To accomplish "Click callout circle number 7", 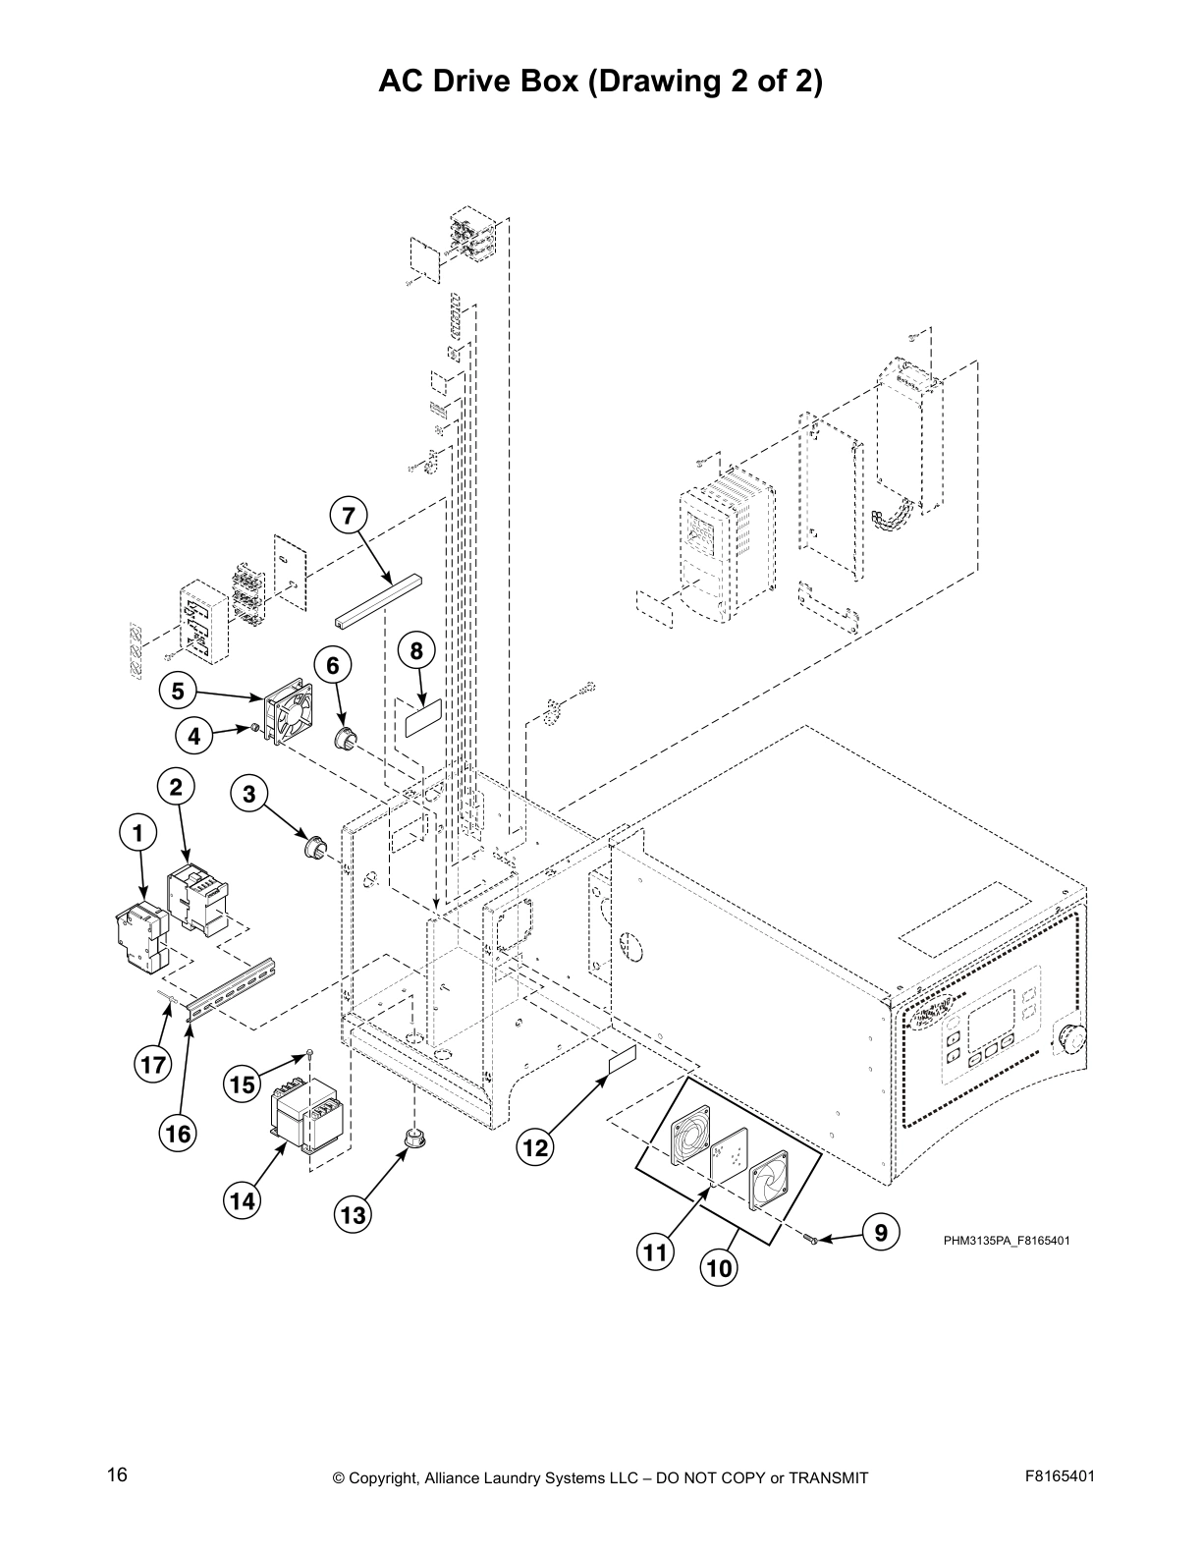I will [348, 514].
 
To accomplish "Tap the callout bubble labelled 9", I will [881, 1231].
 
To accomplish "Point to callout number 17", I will [152, 1064].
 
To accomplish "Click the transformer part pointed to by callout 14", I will [308, 1121].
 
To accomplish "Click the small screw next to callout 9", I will [812, 1241].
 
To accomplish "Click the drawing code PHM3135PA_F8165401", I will [1007, 1241].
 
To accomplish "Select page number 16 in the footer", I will [117, 1475].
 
